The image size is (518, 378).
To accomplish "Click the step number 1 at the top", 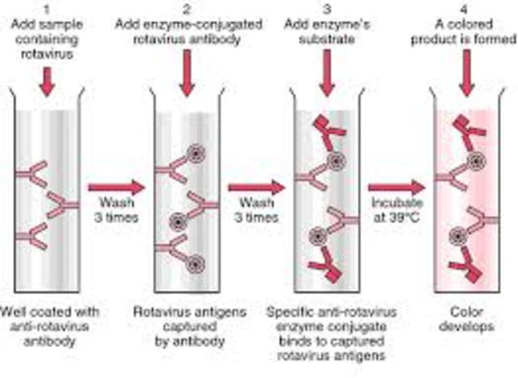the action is (x=47, y=7).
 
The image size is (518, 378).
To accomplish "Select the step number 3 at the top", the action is (x=328, y=7).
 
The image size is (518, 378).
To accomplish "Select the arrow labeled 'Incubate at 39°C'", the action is (x=396, y=188).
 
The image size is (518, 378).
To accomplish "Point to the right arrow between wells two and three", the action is (x=256, y=188).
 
